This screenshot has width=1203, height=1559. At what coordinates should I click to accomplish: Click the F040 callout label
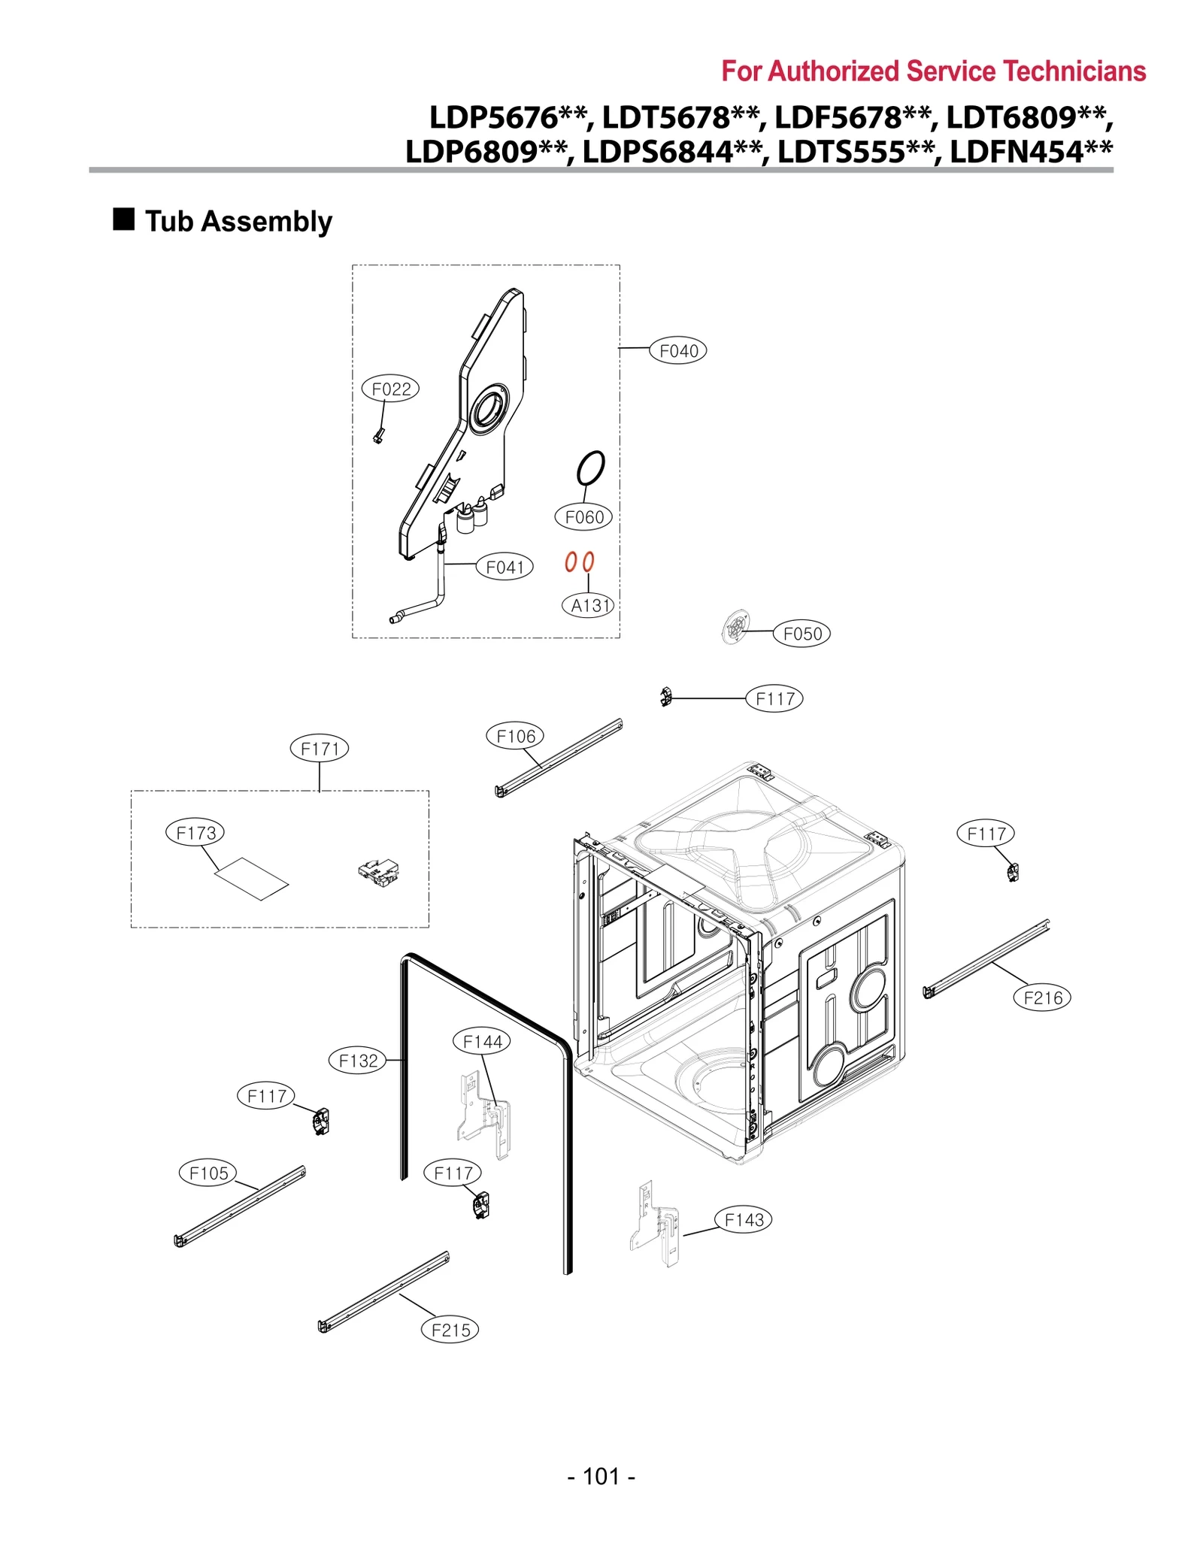click(677, 351)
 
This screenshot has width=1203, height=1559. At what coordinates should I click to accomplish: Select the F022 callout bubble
click(390, 389)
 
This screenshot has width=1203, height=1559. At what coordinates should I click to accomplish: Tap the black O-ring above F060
click(590, 468)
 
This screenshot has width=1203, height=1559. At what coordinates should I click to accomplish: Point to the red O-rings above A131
click(579, 562)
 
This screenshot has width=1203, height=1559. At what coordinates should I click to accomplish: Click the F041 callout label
click(505, 567)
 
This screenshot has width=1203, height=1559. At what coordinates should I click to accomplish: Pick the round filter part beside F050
click(735, 626)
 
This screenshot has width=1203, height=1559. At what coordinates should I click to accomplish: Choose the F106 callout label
click(515, 737)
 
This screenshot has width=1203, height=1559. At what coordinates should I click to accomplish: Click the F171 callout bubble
click(320, 749)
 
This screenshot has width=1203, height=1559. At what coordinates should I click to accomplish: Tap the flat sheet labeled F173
click(251, 878)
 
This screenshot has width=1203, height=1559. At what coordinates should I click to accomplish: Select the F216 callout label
click(1042, 997)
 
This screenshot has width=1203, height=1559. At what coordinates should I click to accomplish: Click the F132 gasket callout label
click(358, 1061)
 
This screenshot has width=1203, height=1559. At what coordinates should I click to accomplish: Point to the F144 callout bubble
click(482, 1042)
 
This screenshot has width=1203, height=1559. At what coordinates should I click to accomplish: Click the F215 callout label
click(450, 1330)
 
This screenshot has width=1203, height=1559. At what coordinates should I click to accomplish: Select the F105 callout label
click(208, 1173)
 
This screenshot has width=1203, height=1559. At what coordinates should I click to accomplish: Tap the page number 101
click(601, 1476)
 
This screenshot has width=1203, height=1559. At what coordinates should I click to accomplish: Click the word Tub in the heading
click(170, 222)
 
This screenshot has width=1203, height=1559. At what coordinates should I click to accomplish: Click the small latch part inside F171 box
click(378, 871)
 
